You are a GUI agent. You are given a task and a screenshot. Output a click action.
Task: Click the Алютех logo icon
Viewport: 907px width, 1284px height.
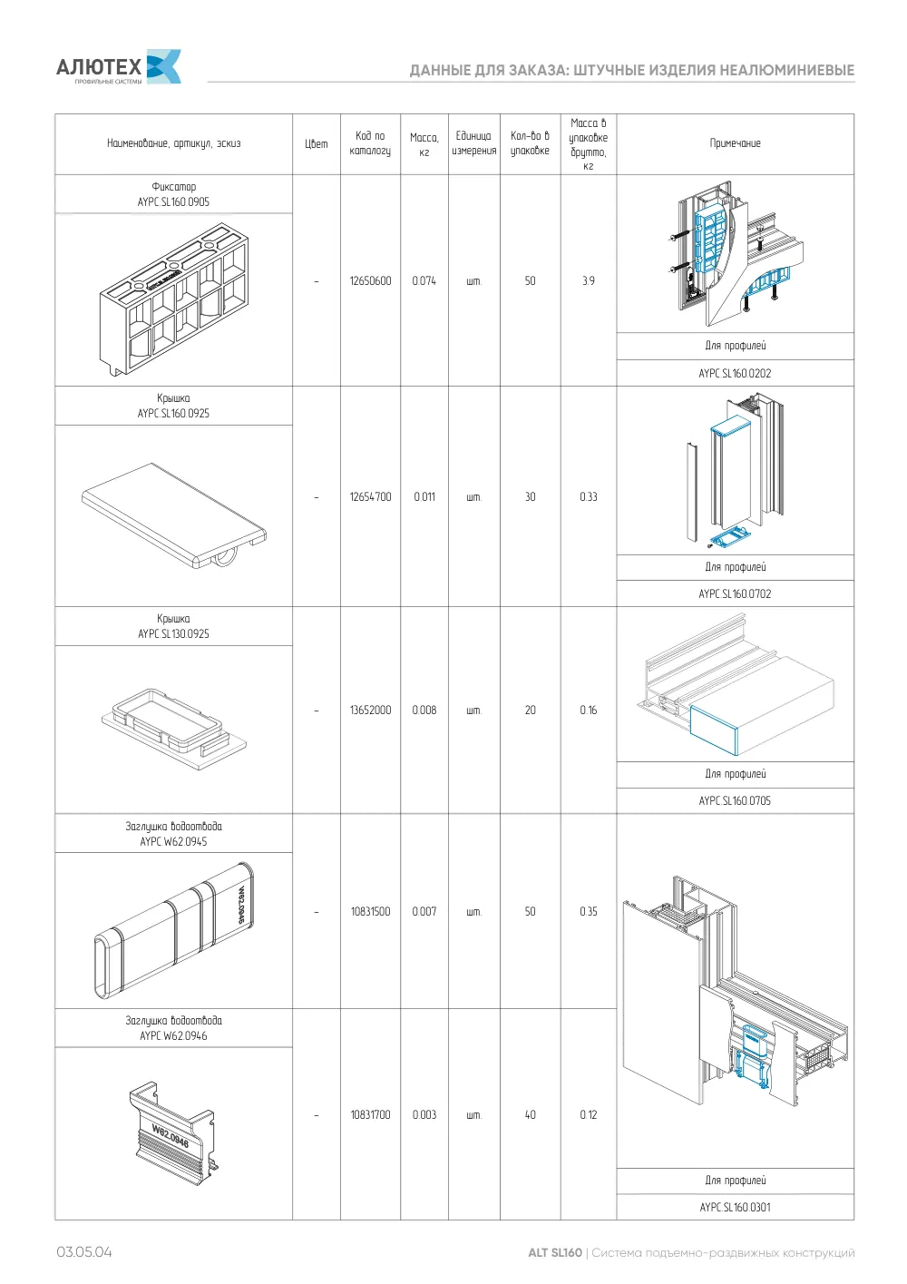164,66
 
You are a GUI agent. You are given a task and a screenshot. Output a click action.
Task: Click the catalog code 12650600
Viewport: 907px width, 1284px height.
370,281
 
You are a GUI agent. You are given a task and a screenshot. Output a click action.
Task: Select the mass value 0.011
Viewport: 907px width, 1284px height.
424,497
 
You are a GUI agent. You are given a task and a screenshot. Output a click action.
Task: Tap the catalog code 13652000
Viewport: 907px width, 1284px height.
370,711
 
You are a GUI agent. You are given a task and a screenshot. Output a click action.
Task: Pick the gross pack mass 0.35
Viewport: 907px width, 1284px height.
588,911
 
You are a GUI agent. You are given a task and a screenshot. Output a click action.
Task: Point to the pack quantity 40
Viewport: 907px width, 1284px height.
530,1115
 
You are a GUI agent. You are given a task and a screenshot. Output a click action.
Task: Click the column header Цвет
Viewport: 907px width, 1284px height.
317,144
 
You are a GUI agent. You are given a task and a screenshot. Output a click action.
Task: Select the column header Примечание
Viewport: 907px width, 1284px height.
735,143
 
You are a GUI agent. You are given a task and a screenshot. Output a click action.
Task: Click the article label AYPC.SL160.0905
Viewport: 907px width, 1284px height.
173,201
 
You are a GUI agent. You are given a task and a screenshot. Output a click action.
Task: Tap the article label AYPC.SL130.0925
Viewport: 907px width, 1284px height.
173,634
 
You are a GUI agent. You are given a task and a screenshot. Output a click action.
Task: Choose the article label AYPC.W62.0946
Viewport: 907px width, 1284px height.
173,1035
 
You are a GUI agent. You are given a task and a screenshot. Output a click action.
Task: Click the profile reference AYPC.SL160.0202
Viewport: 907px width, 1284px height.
735,374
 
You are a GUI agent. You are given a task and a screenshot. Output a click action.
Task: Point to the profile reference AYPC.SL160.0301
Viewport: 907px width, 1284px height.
735,1207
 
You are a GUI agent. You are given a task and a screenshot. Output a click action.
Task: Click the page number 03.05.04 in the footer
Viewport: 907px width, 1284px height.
84,1252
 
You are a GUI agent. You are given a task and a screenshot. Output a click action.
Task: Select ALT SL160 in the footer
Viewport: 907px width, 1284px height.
554,1252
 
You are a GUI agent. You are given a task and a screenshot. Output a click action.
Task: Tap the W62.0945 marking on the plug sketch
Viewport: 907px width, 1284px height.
242,905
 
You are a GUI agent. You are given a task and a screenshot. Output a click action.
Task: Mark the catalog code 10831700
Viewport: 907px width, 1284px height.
370,1115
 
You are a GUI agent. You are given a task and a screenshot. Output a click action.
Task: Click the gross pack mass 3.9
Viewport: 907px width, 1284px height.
588,281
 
